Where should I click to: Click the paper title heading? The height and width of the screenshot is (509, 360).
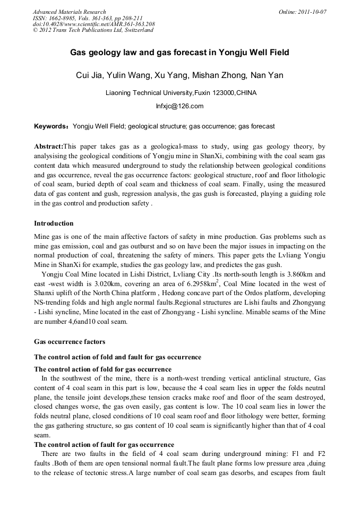tap(179, 53)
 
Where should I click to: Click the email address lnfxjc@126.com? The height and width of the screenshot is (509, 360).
tap(179, 106)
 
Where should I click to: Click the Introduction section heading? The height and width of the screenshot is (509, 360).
tap(54, 223)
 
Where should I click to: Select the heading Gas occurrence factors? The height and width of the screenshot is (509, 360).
tap(70, 341)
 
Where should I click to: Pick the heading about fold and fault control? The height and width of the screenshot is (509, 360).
tap(117, 357)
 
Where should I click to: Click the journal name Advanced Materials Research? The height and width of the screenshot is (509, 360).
tap(69, 12)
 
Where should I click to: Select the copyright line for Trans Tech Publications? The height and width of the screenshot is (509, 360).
tap(93, 30)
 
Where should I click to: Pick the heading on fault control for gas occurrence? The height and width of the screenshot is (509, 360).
tap(104, 444)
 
